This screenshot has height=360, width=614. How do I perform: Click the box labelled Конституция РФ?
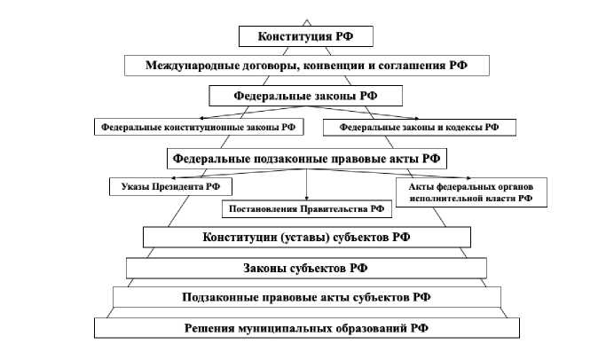tap(306, 36)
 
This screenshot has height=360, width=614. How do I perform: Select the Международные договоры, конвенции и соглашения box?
tap(306, 65)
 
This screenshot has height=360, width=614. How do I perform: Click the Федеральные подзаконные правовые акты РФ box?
tap(306, 158)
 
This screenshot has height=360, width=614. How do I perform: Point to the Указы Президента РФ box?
tap(170, 186)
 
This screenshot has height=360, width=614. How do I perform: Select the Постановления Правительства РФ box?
tap(306, 209)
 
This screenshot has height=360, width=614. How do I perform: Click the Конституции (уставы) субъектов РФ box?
tap(306, 238)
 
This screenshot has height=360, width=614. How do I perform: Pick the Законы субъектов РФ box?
tap(306, 267)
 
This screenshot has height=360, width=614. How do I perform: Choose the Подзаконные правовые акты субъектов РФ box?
tap(306, 297)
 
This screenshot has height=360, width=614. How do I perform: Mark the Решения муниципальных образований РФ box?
tap(306, 327)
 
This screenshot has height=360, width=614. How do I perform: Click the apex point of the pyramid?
tap(306, 19)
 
